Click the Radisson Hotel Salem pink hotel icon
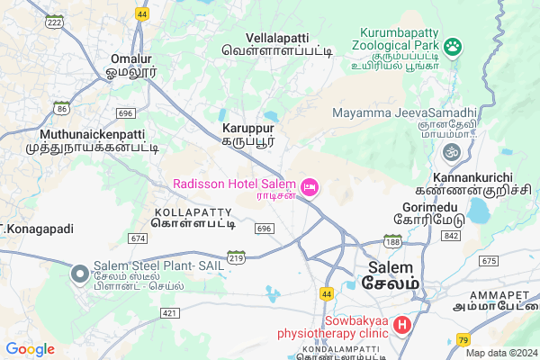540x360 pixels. (310, 187)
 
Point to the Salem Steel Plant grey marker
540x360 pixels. (79, 272)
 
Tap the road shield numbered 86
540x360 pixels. (61, 108)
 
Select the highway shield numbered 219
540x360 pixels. (237, 256)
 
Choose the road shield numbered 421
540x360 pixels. (168, 312)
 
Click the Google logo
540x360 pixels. (30, 349)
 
